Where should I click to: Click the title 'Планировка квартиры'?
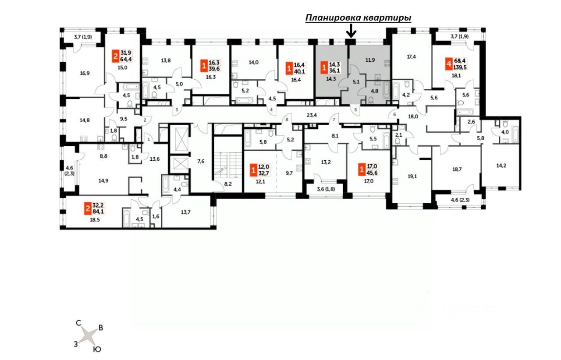pyautogui.click(x=358, y=18)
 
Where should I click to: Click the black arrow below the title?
pyautogui.click(x=351, y=31)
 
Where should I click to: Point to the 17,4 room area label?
pyautogui.click(x=412, y=57)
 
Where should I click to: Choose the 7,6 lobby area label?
pyautogui.click(x=200, y=161)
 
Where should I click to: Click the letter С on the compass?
pyautogui.click(x=78, y=323)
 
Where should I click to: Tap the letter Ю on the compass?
pyautogui.click(x=97, y=349)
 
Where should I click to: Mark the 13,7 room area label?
pyautogui.click(x=186, y=212)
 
